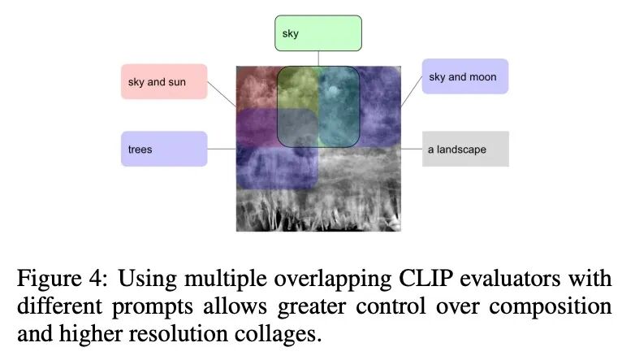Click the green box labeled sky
317,33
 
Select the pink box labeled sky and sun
164,81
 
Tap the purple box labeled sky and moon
464,76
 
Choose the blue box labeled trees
164,149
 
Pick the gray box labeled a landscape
465,150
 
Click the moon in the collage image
335,81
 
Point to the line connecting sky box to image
317,59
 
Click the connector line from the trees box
221,149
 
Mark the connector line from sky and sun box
222,93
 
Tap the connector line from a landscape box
413,150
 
